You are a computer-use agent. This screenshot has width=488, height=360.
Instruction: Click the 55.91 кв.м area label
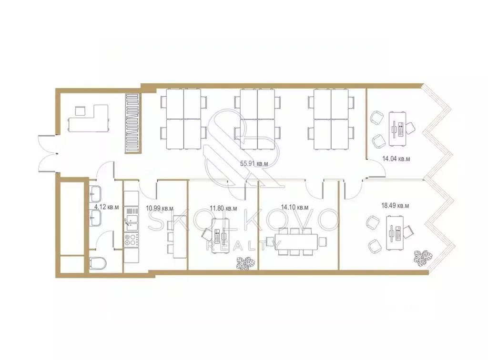point(254,163)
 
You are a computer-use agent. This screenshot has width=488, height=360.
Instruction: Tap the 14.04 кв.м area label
point(396,159)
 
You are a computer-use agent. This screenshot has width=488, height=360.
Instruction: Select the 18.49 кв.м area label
point(395,206)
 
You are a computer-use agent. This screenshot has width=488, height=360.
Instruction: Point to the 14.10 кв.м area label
point(295,207)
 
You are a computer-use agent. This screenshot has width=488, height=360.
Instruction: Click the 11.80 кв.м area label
point(223,208)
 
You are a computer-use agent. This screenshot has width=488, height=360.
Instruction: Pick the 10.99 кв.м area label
point(159,208)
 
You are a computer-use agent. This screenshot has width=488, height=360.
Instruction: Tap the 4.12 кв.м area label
point(106,207)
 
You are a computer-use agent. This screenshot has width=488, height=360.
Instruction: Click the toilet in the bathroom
point(98,264)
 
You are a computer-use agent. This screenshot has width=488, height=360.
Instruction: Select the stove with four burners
point(132,240)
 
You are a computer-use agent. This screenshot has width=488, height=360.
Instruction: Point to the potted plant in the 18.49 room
point(423,257)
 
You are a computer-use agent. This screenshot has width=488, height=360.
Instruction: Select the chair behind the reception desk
point(81,110)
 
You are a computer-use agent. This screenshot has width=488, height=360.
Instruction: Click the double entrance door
point(47,154)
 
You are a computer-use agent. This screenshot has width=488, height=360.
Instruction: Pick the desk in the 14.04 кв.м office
point(397,129)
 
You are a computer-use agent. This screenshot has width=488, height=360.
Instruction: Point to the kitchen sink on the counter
point(132,220)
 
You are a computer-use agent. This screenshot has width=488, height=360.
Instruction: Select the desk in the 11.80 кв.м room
point(221,236)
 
